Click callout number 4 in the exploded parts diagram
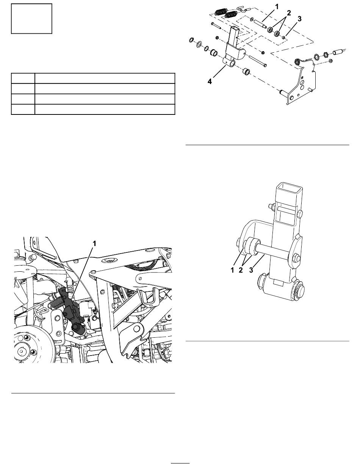pyautogui.click(x=210, y=81)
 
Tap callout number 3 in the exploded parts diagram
pyautogui.click(x=299, y=19)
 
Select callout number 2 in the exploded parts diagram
pyautogui.click(x=289, y=13)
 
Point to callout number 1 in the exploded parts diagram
pyautogui.click(x=277, y=7)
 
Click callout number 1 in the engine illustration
pyautogui.click(x=94, y=244)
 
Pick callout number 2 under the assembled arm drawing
pyautogui.click(x=241, y=270)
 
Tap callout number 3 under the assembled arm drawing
pyautogui.click(x=251, y=270)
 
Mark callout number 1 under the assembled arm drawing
pyautogui.click(x=232, y=270)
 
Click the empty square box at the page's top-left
pyautogui.click(x=31, y=19)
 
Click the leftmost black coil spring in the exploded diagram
pyautogui.click(x=220, y=12)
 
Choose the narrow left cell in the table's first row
pyautogui.click(x=23, y=78)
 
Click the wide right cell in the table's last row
pyautogui.click(x=105, y=109)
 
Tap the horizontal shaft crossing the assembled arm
pyautogui.click(x=274, y=254)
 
